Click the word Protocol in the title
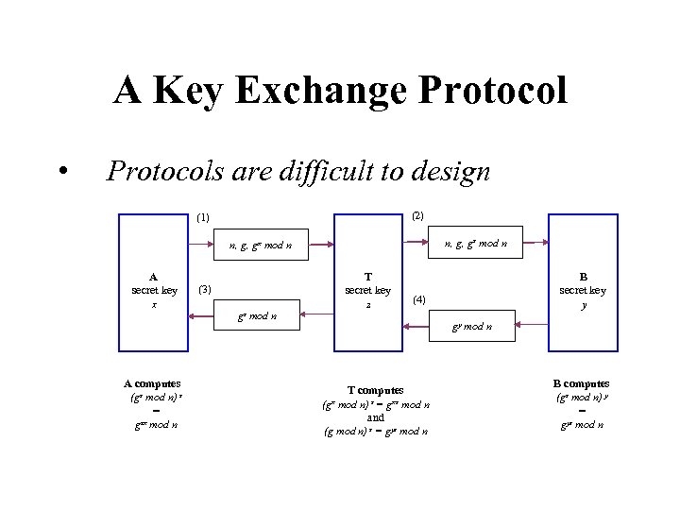click(x=491, y=92)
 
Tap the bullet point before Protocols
click(x=61, y=171)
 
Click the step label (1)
click(x=203, y=218)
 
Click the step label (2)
click(x=418, y=216)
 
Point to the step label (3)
click(x=204, y=289)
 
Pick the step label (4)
click(x=419, y=299)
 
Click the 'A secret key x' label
click(x=154, y=290)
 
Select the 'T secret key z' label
click(x=368, y=290)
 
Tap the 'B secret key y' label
click(x=583, y=290)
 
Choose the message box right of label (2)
click(x=476, y=244)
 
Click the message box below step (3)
click(x=256, y=316)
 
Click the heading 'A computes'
click(x=152, y=383)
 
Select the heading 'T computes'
click(x=375, y=390)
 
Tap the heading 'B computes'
click(x=581, y=383)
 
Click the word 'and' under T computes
click(x=375, y=417)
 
